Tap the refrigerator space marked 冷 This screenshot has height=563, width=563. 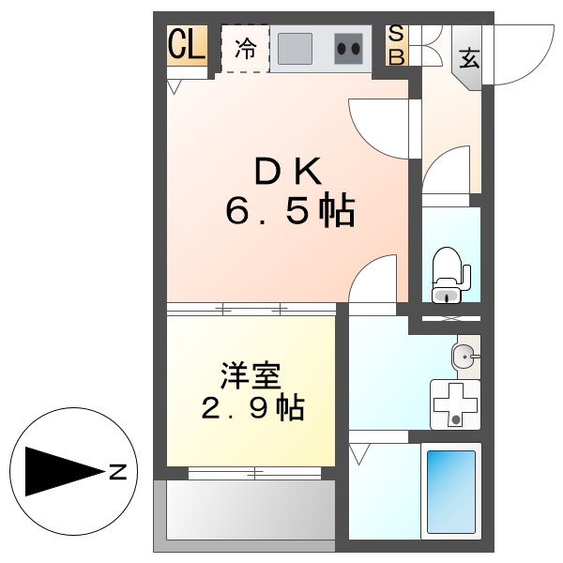tap(245, 48)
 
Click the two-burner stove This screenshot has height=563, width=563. tap(349, 49)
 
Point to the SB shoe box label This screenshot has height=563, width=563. tap(397, 45)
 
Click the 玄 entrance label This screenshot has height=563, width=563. tap(468, 57)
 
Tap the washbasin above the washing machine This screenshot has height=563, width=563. tap(464, 356)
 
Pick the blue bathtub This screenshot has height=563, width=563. tap(451, 490)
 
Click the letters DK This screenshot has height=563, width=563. tap(289, 171)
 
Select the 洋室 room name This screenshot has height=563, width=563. tap(251, 375)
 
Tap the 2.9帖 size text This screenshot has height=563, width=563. tap(251, 409)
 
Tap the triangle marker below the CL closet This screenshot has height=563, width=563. tap(175, 87)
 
